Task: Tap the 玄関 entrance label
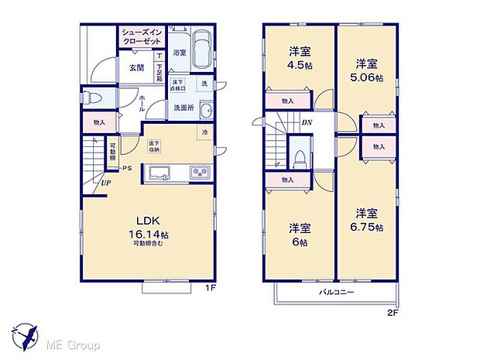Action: tap(129, 68)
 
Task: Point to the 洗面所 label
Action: tap(183, 108)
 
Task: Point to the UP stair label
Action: tap(103, 183)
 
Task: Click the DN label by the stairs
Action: tap(306, 122)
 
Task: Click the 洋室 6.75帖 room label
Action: tap(366, 218)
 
